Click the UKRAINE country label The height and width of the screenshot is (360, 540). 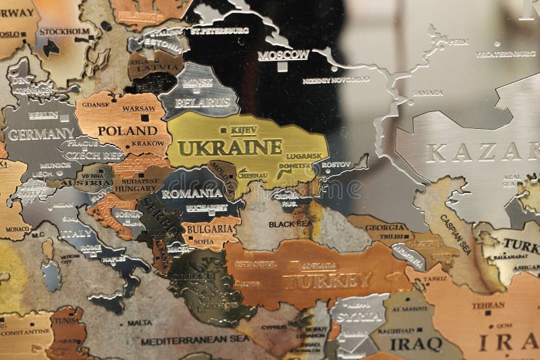pyautogui.click(x=230, y=147)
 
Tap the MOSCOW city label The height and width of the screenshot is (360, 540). pyautogui.click(x=283, y=55)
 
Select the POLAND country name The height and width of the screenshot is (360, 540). pyautogui.click(x=128, y=130)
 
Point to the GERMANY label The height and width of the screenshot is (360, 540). pyautogui.click(x=40, y=134)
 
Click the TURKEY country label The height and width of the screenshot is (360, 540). pyautogui.click(x=327, y=280)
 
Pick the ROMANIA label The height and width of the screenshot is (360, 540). pyautogui.click(x=192, y=193)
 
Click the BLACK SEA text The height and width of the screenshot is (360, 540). pyautogui.click(x=290, y=224)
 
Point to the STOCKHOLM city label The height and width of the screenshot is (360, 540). pyautogui.click(x=64, y=31)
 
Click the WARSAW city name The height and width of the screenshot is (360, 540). pyautogui.click(x=139, y=108)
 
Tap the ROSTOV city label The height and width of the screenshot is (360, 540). pyautogui.click(x=336, y=164)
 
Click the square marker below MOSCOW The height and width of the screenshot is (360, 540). pyautogui.click(x=282, y=66)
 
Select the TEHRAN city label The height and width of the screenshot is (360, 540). pyautogui.click(x=487, y=305)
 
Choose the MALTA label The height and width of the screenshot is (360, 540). pyautogui.click(x=139, y=323)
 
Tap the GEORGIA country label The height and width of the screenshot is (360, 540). pyautogui.click(x=387, y=228)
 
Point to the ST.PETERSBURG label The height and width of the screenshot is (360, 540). pyautogui.click(x=219, y=30)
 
